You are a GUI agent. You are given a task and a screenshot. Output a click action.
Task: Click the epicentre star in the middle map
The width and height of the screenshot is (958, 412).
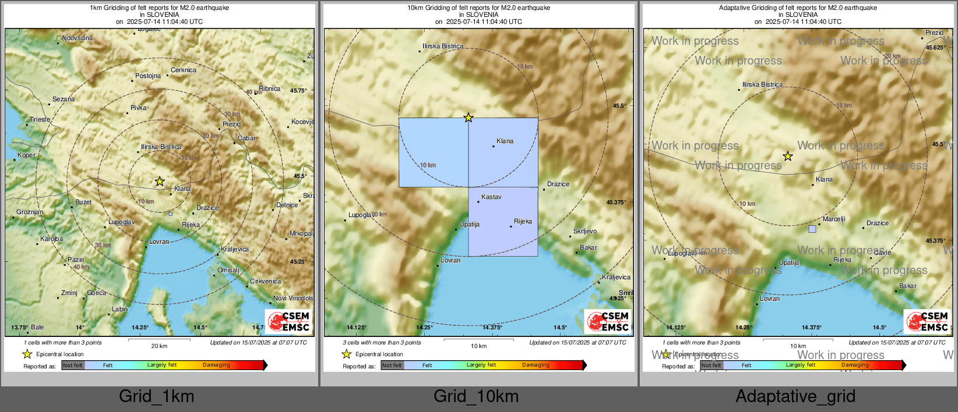(x=469, y=118)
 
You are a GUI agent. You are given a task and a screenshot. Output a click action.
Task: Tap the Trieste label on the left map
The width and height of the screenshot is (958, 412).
(x=40, y=119)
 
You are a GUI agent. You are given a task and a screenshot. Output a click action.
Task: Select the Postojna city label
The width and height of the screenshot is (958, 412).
(x=148, y=76)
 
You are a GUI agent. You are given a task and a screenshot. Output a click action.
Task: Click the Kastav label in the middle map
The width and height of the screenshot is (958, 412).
(x=491, y=197)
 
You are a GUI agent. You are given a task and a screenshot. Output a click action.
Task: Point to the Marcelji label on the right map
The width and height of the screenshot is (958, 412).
(x=834, y=219)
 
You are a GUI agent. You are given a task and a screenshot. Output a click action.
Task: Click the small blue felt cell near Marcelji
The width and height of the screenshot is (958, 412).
(x=812, y=229)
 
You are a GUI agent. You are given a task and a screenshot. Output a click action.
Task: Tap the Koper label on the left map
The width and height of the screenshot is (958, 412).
(x=26, y=155)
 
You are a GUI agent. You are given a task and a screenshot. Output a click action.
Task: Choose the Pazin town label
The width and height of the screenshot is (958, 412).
(x=76, y=260)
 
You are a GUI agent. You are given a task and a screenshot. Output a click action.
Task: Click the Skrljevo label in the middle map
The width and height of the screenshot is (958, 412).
(x=585, y=231)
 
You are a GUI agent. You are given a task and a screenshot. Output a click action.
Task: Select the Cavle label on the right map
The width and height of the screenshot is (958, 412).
(x=882, y=253)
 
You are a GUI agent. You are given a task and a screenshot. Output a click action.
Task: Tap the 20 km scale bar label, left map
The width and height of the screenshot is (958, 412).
(x=159, y=346)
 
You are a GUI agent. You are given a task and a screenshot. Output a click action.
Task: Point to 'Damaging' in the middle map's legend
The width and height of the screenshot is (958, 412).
(x=536, y=365)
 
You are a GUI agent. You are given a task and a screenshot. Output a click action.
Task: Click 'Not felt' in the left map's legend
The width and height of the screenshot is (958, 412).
(x=73, y=365)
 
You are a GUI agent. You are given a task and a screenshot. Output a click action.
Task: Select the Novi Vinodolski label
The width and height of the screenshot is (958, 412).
(x=293, y=298)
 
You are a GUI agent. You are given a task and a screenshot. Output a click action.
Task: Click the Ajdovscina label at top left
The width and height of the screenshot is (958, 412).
(x=77, y=38)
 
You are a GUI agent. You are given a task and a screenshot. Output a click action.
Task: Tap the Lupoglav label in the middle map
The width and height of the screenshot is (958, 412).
(x=361, y=215)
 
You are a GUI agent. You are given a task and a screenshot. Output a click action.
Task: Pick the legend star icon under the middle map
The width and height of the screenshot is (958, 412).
(x=347, y=354)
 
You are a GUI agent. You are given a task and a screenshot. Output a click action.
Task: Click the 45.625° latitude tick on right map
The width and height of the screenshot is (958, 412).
(x=936, y=48)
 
